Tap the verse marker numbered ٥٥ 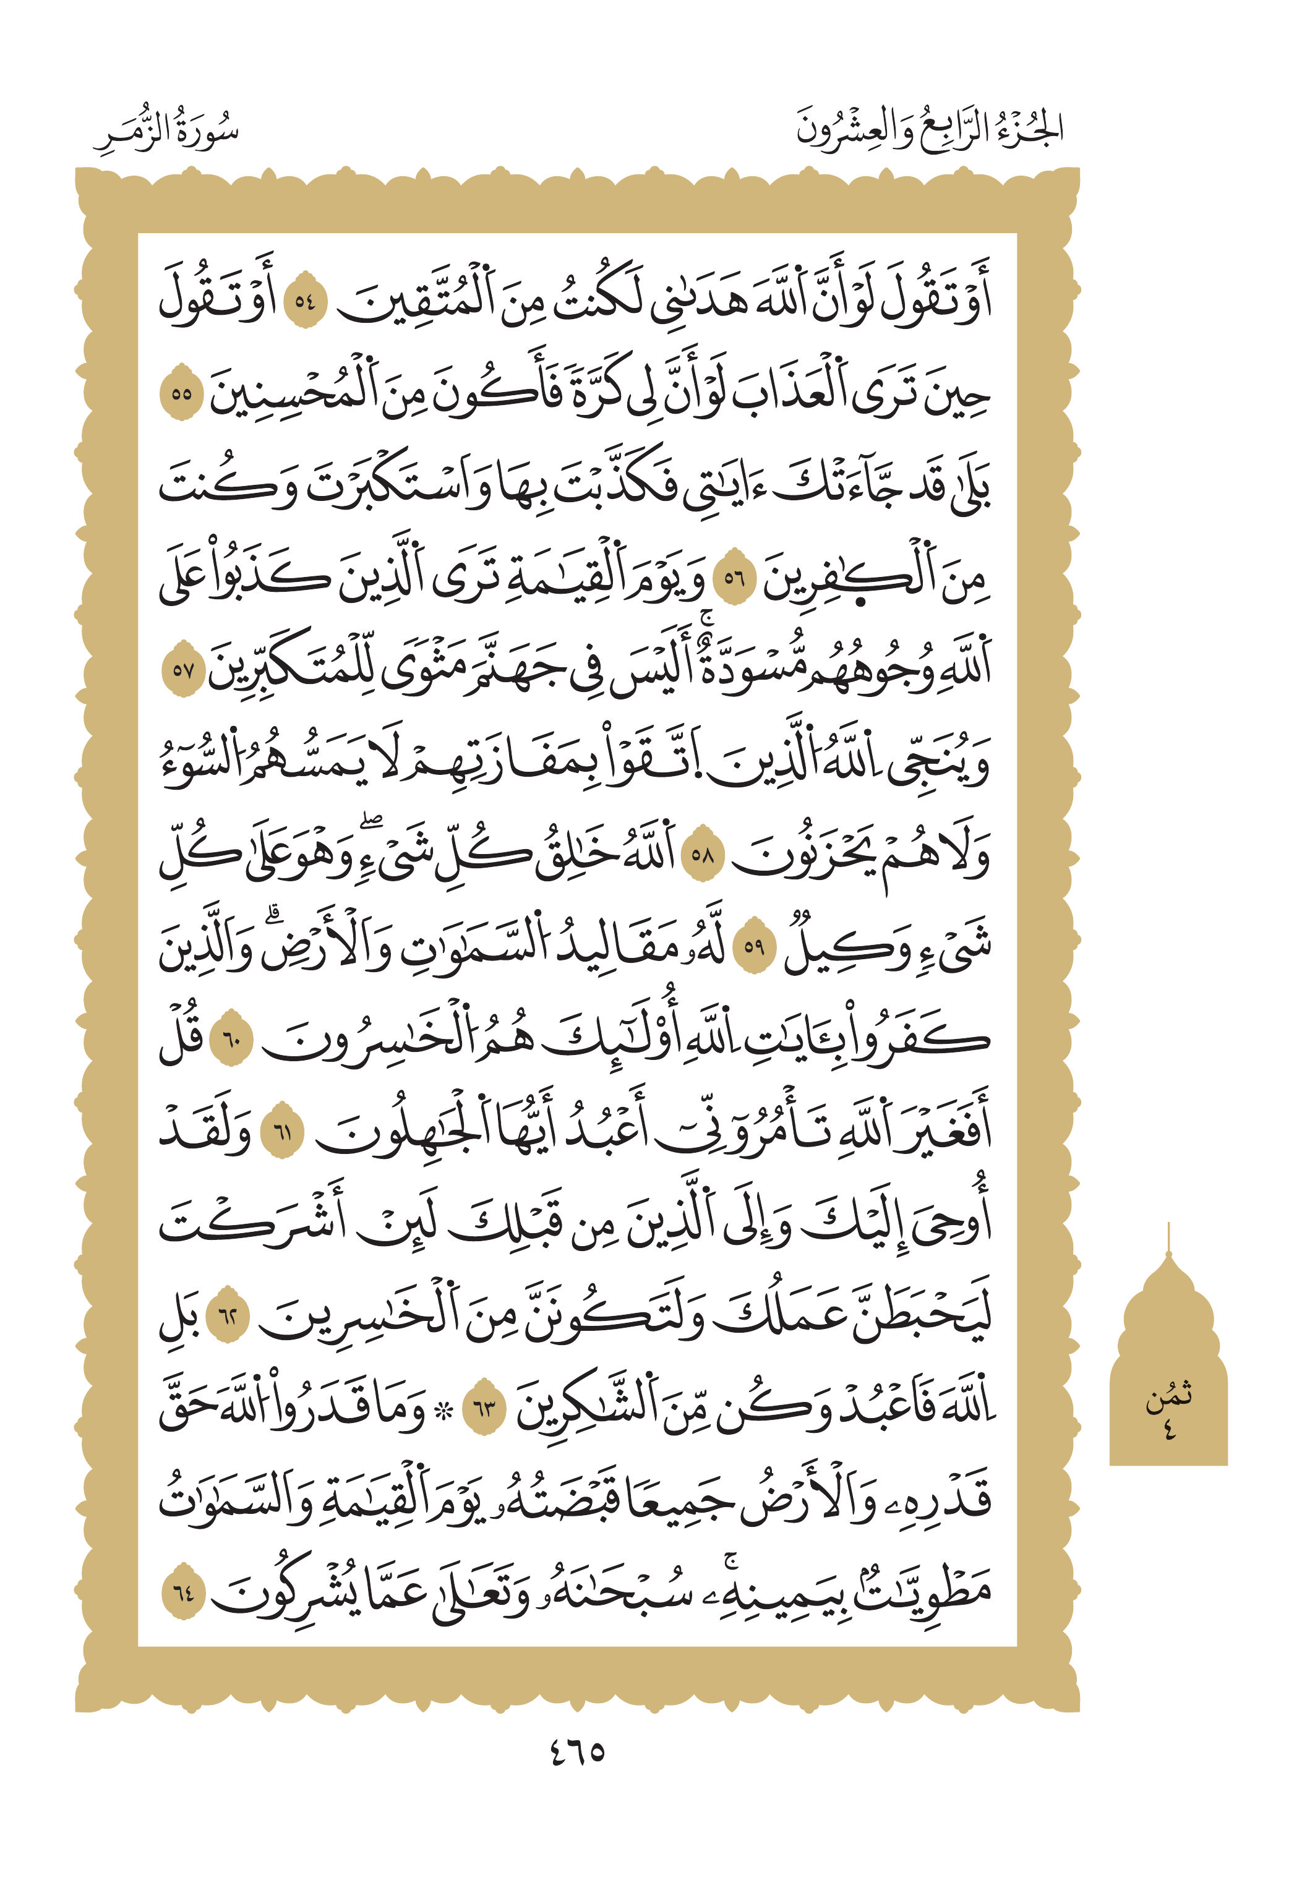[x=181, y=394]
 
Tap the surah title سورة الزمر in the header [x=166, y=131]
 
